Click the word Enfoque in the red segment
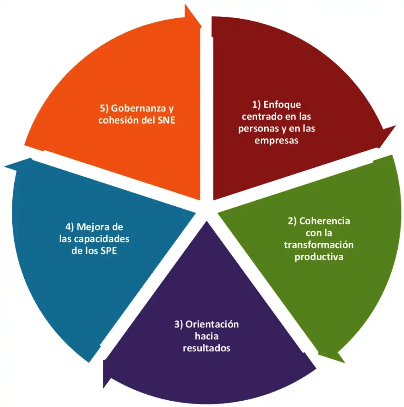click(282, 105)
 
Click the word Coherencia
click(324, 221)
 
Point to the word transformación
click(319, 245)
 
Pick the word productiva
click(319, 257)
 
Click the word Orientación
click(212, 324)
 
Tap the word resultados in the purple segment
click(207, 348)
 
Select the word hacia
click(207, 336)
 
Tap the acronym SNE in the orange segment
click(166, 120)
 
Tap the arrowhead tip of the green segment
click(345, 362)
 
